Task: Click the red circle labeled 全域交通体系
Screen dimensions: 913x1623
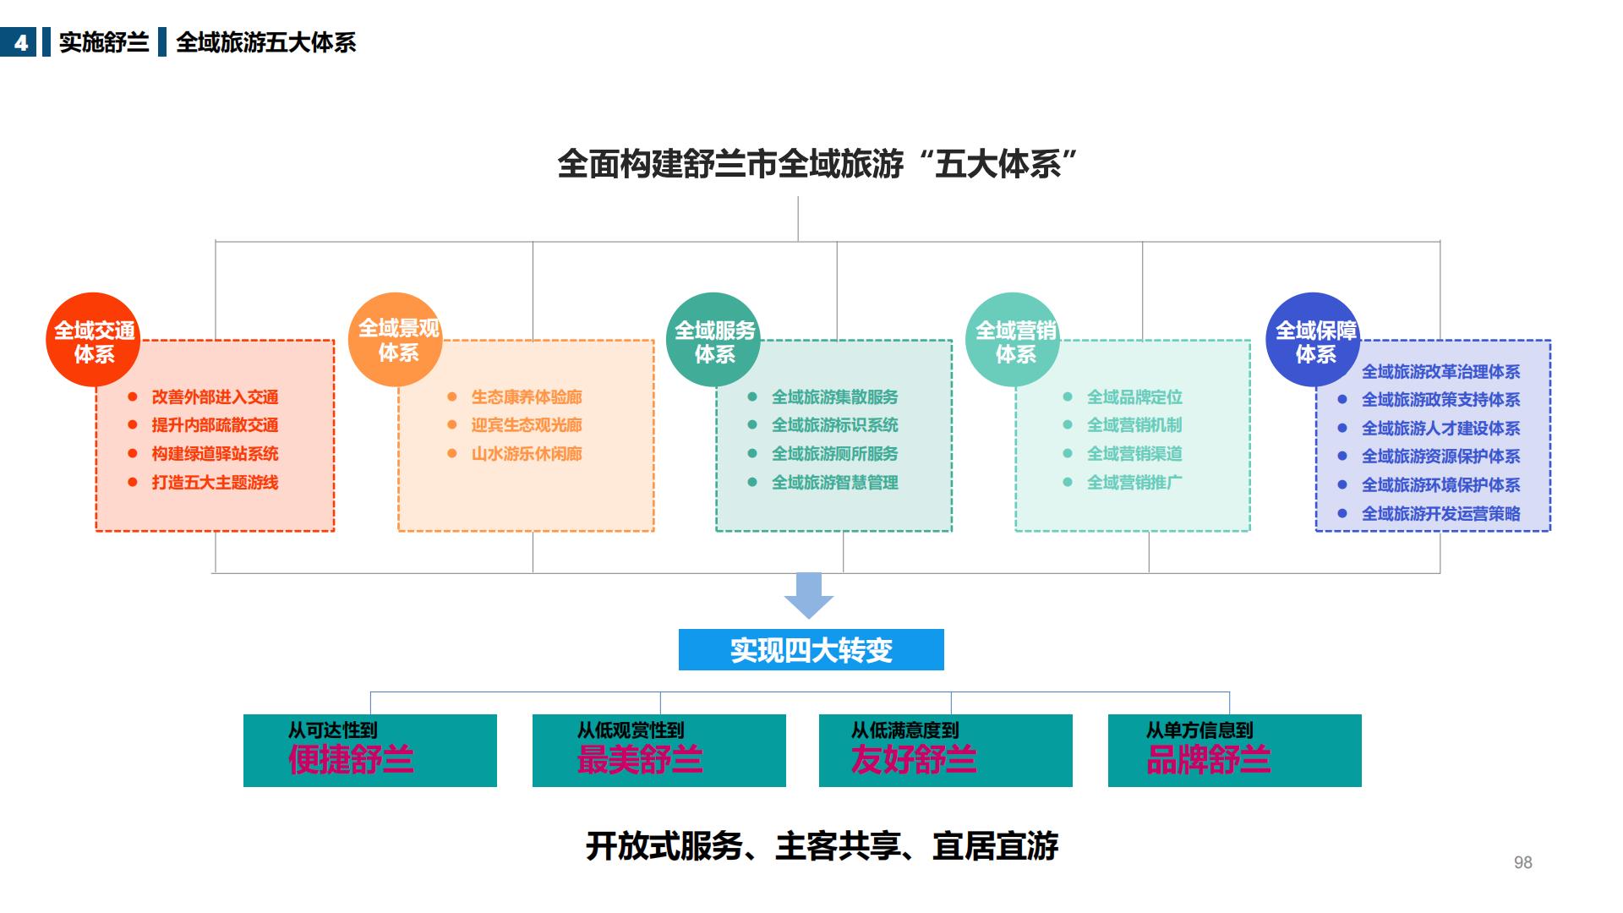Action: (92, 340)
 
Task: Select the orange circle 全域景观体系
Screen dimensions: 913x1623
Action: (396, 340)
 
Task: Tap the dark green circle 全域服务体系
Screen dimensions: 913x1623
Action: (713, 340)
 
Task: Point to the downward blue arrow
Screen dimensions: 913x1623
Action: (809, 595)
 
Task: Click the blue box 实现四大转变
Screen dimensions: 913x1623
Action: (811, 650)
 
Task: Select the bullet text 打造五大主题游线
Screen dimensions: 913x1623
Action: (215, 483)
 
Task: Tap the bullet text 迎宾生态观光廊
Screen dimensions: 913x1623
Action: (526, 425)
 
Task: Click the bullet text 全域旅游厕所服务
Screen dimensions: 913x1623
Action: (834, 454)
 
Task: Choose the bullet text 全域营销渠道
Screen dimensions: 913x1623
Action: (1134, 454)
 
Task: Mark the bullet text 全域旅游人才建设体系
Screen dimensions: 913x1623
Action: (1440, 429)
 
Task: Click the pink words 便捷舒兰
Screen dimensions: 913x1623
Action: (351, 760)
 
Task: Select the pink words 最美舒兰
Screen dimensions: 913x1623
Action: (640, 760)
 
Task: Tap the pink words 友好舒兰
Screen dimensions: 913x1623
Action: (914, 760)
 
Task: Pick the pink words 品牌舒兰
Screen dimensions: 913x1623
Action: (1208, 760)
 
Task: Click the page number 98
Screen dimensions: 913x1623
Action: (1522, 862)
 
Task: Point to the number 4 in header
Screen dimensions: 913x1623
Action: (20, 42)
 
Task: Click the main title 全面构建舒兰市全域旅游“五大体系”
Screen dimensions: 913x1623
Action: (817, 164)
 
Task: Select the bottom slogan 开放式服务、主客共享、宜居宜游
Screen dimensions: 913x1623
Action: (822, 846)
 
